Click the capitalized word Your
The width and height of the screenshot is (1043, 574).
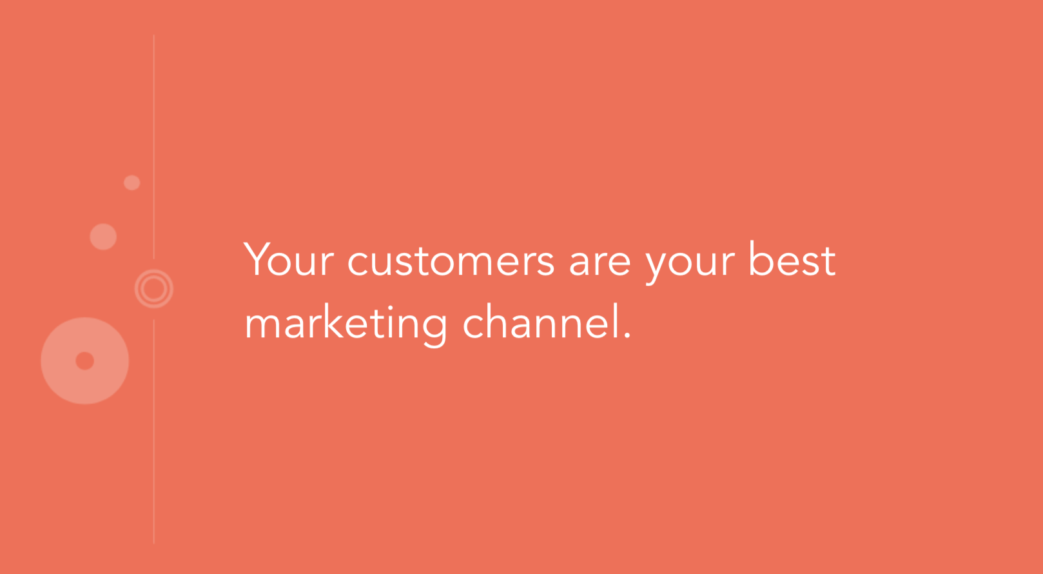289,259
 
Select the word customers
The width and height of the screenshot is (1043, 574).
451,261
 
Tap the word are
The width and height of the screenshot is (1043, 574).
599,262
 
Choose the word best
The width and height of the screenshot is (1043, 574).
792,259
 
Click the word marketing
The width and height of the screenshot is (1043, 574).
346,324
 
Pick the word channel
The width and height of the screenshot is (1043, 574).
542,321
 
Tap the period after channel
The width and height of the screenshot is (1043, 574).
627,335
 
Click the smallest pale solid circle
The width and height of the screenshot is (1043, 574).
132,183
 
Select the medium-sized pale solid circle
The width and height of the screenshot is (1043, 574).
103,237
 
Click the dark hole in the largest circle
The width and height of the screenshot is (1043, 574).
84,361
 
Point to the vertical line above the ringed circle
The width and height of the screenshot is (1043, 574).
153,147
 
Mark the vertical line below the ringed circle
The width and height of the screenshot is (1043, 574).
153,431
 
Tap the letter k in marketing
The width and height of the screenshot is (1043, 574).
333,321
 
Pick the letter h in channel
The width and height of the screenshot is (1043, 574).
498,321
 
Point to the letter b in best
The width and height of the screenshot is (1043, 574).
760,259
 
